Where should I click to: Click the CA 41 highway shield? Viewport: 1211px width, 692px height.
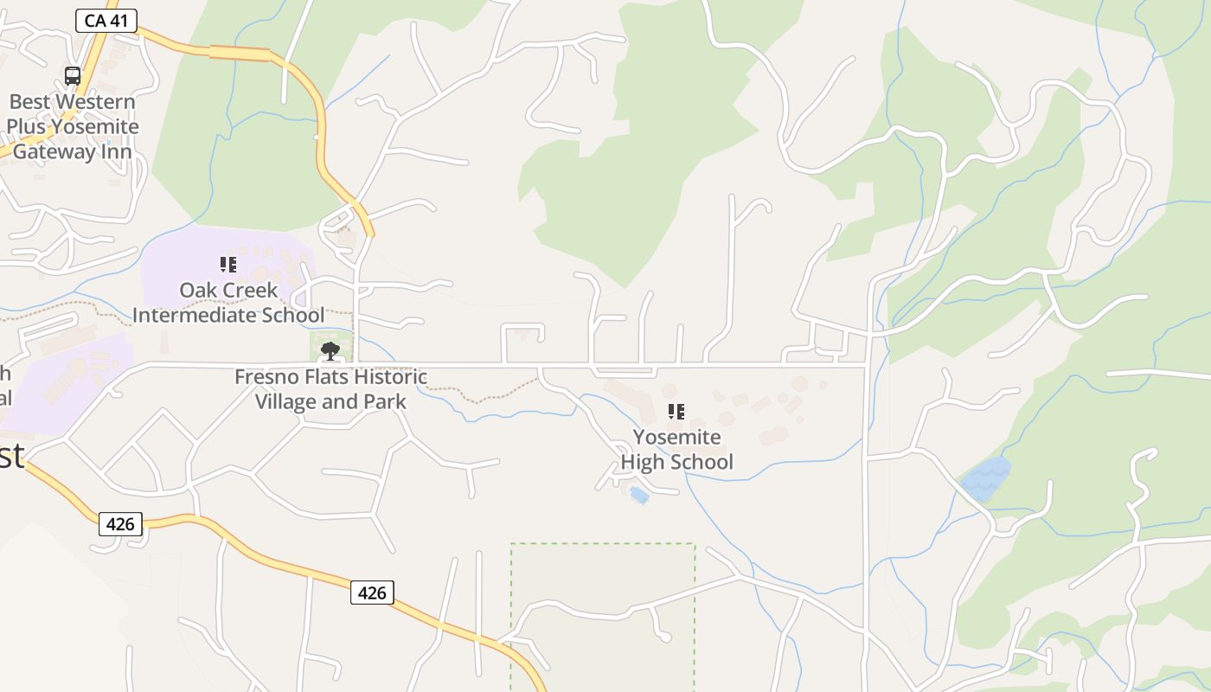106,20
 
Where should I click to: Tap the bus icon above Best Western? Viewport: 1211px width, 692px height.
73,76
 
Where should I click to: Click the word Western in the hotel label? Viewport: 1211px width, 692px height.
97,102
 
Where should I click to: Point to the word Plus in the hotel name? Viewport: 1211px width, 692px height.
26,127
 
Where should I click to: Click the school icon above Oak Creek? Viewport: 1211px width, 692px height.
228,265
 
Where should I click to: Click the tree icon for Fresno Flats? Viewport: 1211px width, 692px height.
330,351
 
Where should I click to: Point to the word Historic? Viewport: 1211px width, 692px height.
388,377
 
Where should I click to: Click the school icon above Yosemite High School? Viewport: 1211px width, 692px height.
676,412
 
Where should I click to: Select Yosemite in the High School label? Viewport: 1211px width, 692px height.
676,437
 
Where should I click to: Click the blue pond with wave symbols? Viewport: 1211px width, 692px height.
984,478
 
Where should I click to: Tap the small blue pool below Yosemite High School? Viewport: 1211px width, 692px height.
639,495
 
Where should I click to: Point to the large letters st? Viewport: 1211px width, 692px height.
10,456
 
